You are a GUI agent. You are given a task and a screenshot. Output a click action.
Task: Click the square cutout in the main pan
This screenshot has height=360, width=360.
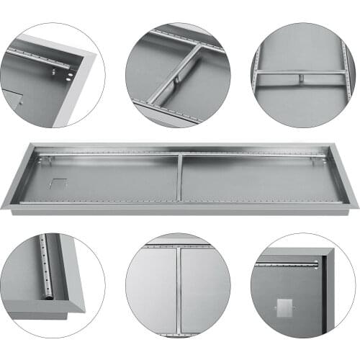click(x=58, y=184)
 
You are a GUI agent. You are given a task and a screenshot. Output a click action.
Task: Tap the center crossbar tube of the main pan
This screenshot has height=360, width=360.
click(x=179, y=177)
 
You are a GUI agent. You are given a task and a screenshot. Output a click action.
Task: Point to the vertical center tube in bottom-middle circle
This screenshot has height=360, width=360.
click(x=178, y=288)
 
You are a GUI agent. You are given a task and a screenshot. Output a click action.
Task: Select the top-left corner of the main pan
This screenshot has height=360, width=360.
click(x=29, y=145)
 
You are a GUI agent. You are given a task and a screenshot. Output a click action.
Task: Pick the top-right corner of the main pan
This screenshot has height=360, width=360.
click(x=333, y=145)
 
